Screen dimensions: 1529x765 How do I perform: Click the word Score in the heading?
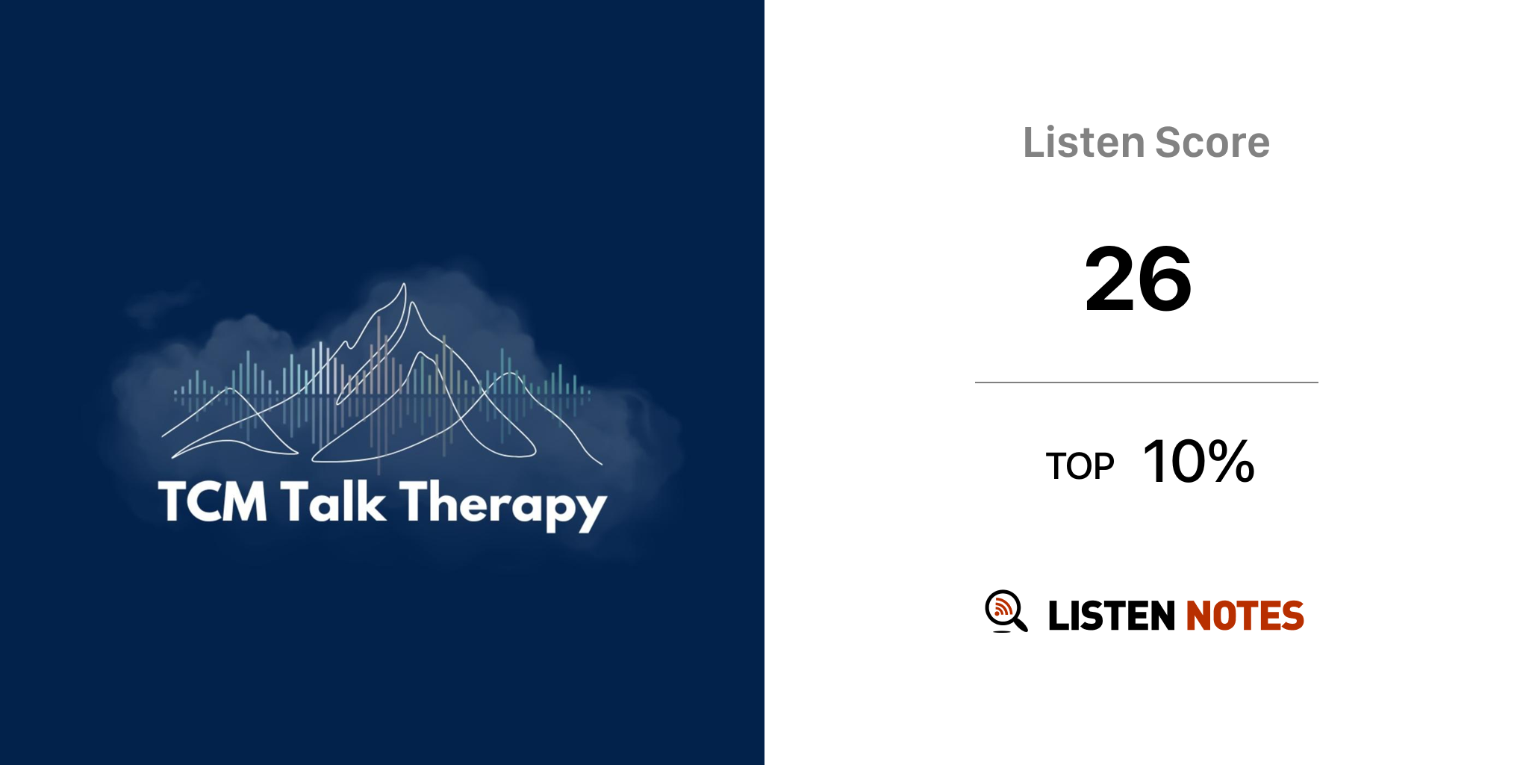pyautogui.click(x=1212, y=142)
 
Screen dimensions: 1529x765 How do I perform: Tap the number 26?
pyautogui.click(x=1138, y=279)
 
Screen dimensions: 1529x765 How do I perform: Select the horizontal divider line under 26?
pyautogui.click(x=1147, y=382)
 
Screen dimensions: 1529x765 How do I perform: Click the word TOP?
pyautogui.click(x=1080, y=466)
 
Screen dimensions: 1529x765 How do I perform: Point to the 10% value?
pyautogui.click(x=1198, y=461)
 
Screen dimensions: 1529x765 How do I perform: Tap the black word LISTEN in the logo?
pyautogui.click(x=1112, y=616)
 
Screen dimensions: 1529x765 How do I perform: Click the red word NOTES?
pyautogui.click(x=1245, y=616)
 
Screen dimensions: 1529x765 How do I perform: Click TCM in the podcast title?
pyautogui.click(x=213, y=501)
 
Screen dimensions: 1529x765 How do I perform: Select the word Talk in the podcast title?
pyautogui.click(x=334, y=501)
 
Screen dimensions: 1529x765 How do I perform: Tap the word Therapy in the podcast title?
pyautogui.click(x=503, y=505)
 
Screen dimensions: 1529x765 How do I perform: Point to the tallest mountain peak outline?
pyautogui.click(x=404, y=285)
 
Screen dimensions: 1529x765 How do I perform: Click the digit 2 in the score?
pyautogui.click(x=1110, y=279)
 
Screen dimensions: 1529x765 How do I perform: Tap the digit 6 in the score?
pyautogui.click(x=1165, y=279)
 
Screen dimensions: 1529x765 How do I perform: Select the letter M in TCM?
pyautogui.click(x=243, y=501)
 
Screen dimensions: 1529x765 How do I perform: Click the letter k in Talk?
pyautogui.click(x=373, y=501)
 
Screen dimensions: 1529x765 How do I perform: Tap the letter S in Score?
pyautogui.click(x=1169, y=142)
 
